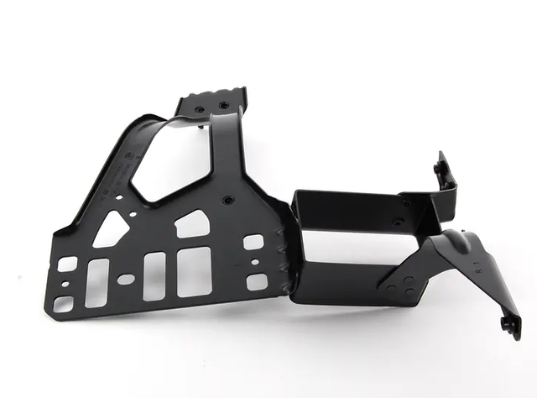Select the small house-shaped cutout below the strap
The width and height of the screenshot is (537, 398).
(x=192, y=224)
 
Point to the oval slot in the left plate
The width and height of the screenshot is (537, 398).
(x=125, y=279)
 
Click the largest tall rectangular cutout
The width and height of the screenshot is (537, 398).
(x=193, y=271)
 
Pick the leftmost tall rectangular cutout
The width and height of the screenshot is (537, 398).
(x=97, y=282)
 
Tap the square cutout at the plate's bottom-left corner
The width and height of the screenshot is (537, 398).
(x=64, y=303)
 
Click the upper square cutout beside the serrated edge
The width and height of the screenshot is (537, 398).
(x=253, y=242)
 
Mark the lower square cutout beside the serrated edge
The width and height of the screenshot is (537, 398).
(x=256, y=281)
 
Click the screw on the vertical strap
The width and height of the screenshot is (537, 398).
(x=228, y=200)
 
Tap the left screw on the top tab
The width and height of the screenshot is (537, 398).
(x=199, y=109)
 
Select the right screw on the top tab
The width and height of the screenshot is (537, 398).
(x=223, y=105)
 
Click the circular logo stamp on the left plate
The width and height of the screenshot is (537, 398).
(x=126, y=156)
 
